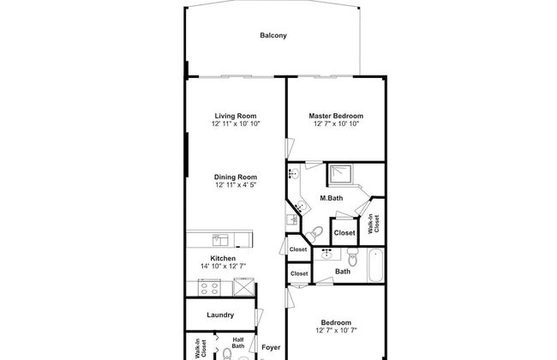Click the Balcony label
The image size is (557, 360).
point(273,36)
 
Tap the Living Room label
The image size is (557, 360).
point(236,116)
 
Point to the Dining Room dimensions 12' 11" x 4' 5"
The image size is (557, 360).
point(237,185)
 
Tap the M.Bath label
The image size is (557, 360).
point(332,199)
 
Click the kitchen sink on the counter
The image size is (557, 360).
point(219,239)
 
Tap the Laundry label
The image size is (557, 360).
point(220,315)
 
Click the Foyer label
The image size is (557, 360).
point(271,347)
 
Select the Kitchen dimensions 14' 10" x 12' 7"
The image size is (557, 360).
point(223,266)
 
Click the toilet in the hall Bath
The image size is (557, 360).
point(351,258)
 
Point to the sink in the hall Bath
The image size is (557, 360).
point(326,254)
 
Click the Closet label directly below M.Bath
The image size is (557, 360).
point(344,232)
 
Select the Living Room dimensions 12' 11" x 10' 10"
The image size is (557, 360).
point(237,123)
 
